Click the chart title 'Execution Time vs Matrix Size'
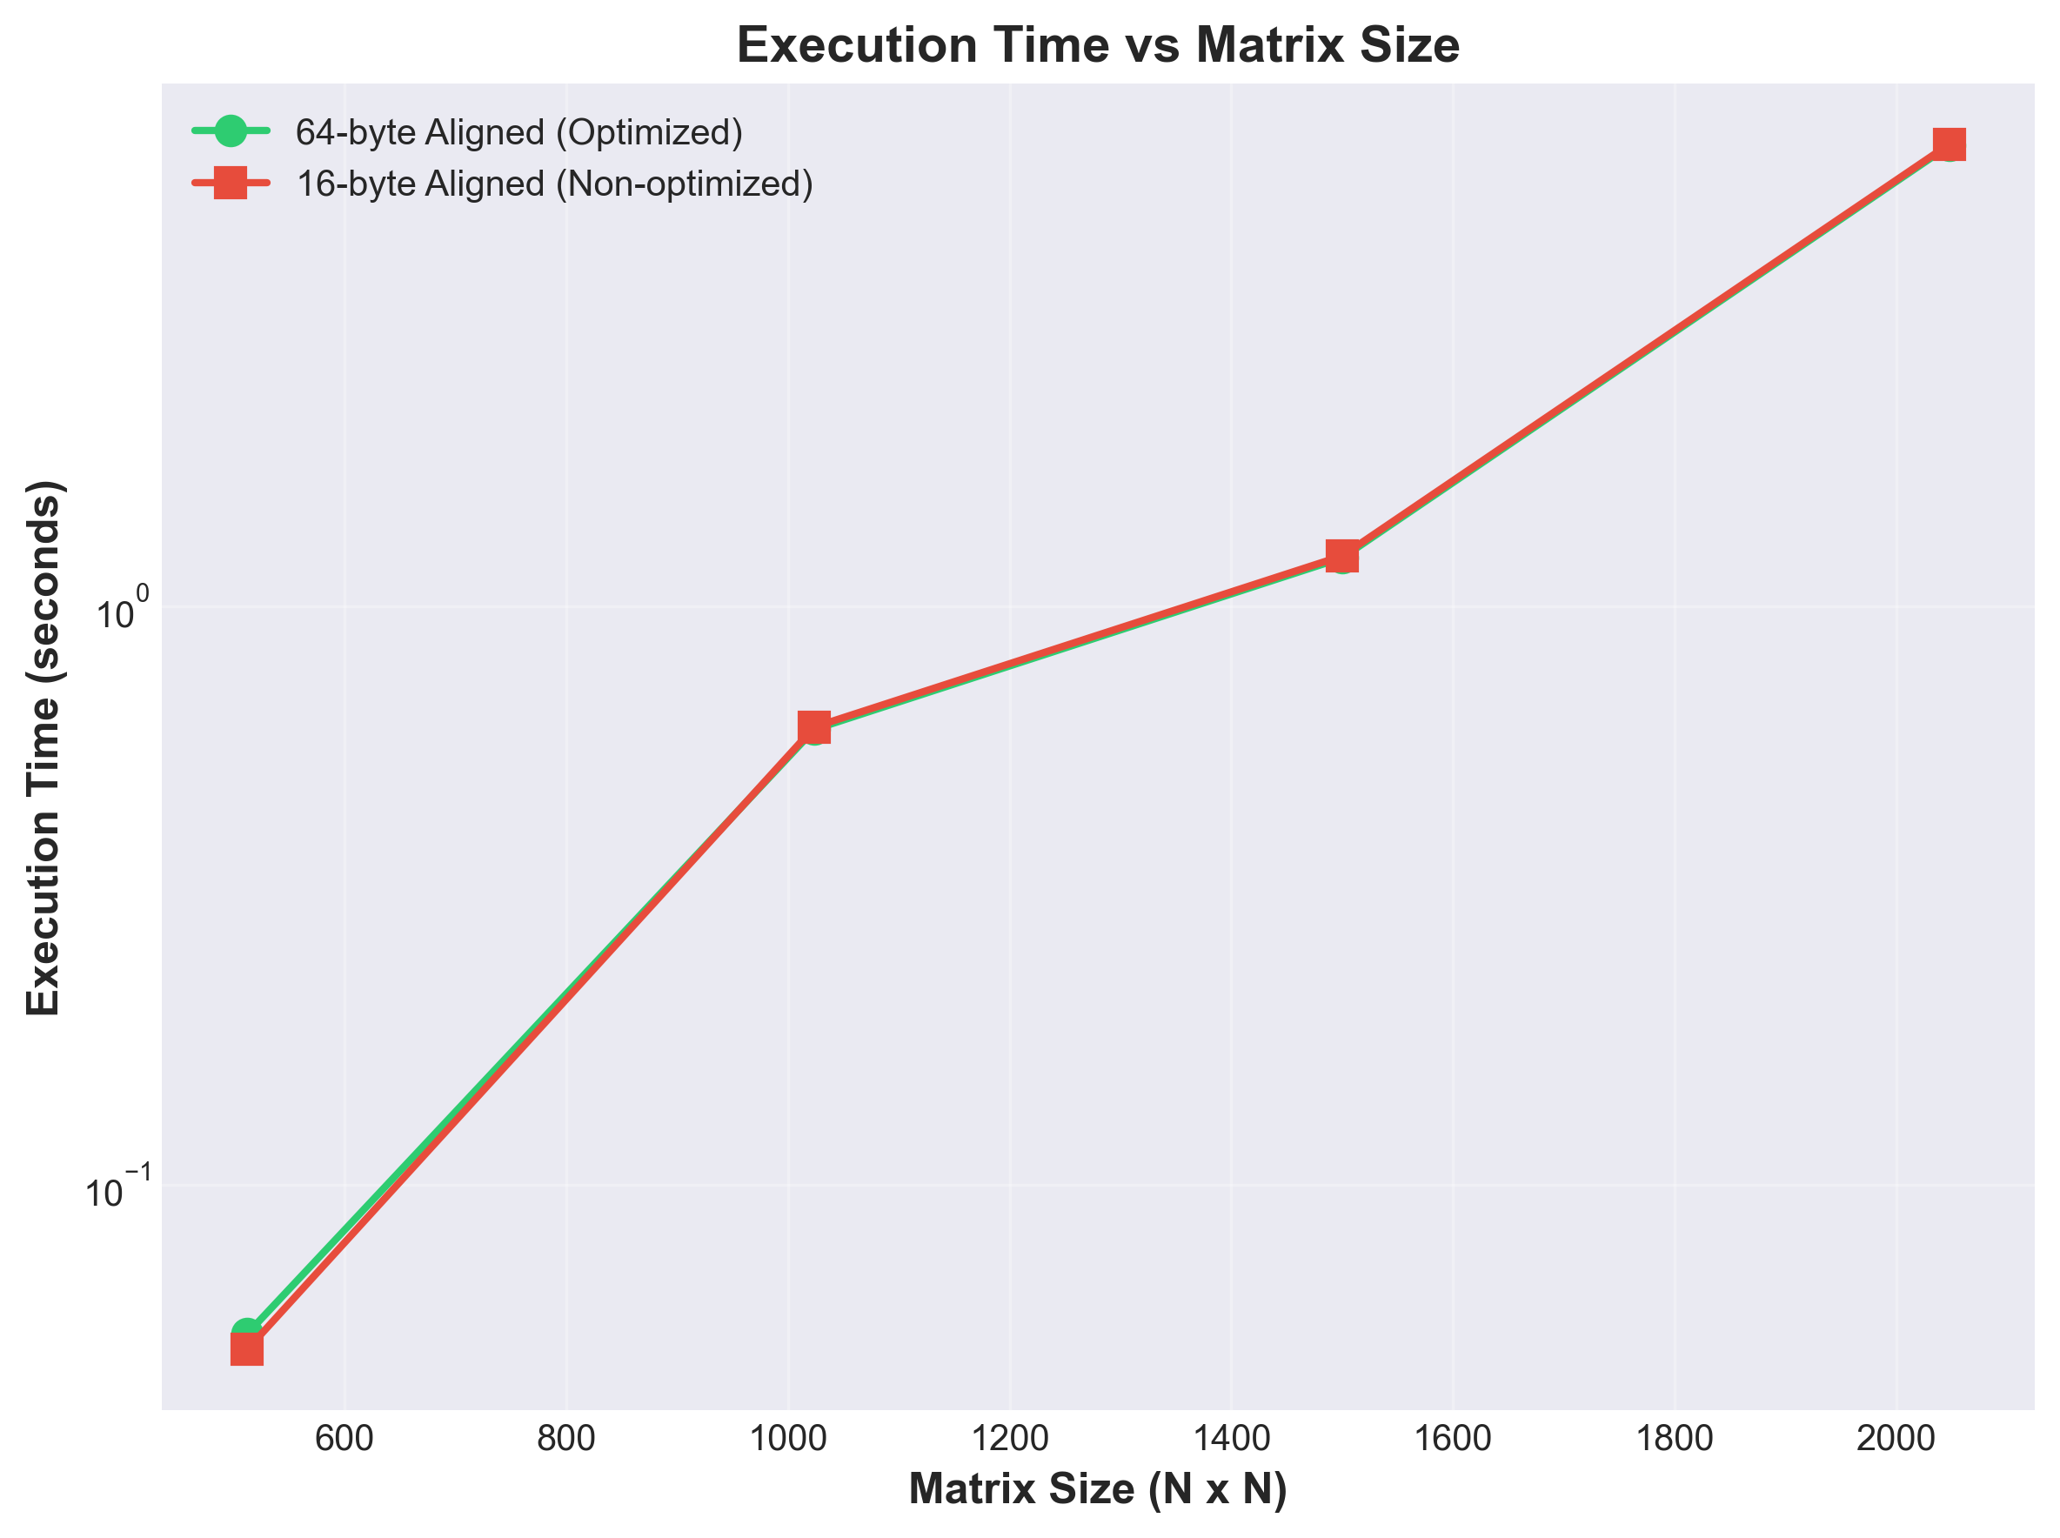coord(1098,44)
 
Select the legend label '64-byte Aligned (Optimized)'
coord(518,132)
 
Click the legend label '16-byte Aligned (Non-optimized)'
coord(554,184)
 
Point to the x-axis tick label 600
coord(344,1438)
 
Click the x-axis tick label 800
coord(566,1438)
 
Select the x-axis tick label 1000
coord(787,1438)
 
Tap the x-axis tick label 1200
coord(1009,1438)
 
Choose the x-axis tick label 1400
coord(1231,1438)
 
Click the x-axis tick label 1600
coord(1452,1438)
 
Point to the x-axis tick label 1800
coord(1674,1438)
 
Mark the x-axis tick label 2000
coord(1896,1438)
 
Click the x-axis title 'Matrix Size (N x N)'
coord(1098,1489)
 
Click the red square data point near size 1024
coord(813,726)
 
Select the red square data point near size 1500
coord(1341,556)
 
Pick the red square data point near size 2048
coord(1949,144)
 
